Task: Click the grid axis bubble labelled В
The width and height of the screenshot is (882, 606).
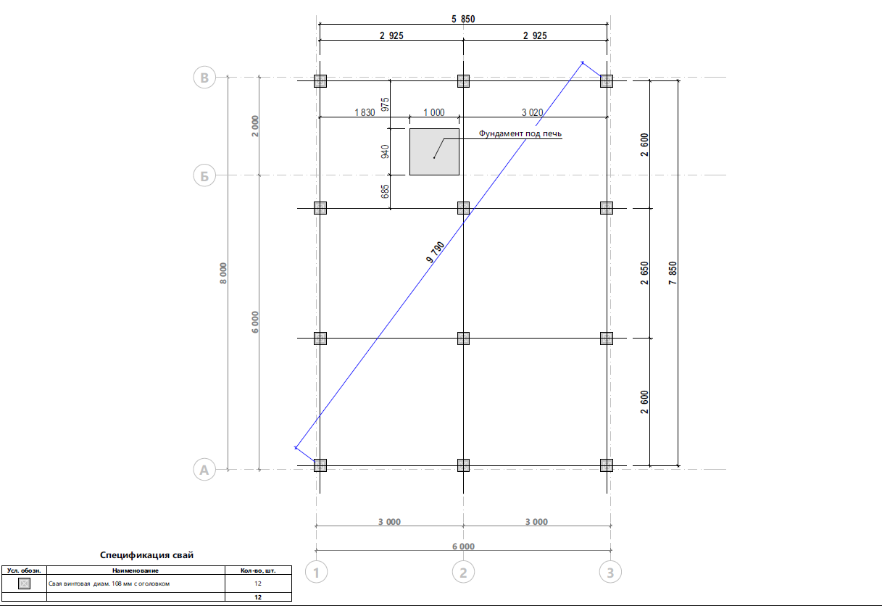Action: (204, 77)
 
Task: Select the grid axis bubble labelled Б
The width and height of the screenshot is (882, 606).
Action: (204, 175)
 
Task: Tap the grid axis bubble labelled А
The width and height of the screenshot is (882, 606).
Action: (204, 470)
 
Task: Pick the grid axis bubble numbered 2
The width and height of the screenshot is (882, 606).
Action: (463, 572)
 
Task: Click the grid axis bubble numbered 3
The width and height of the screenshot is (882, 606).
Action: (610, 572)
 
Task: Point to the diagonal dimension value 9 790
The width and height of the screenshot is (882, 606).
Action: (435, 252)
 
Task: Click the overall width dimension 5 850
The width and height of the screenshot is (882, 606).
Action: (463, 19)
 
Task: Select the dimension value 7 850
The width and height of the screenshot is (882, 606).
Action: (673, 273)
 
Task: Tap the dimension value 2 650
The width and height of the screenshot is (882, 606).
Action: (644, 273)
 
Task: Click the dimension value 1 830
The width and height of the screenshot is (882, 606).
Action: (365, 112)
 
